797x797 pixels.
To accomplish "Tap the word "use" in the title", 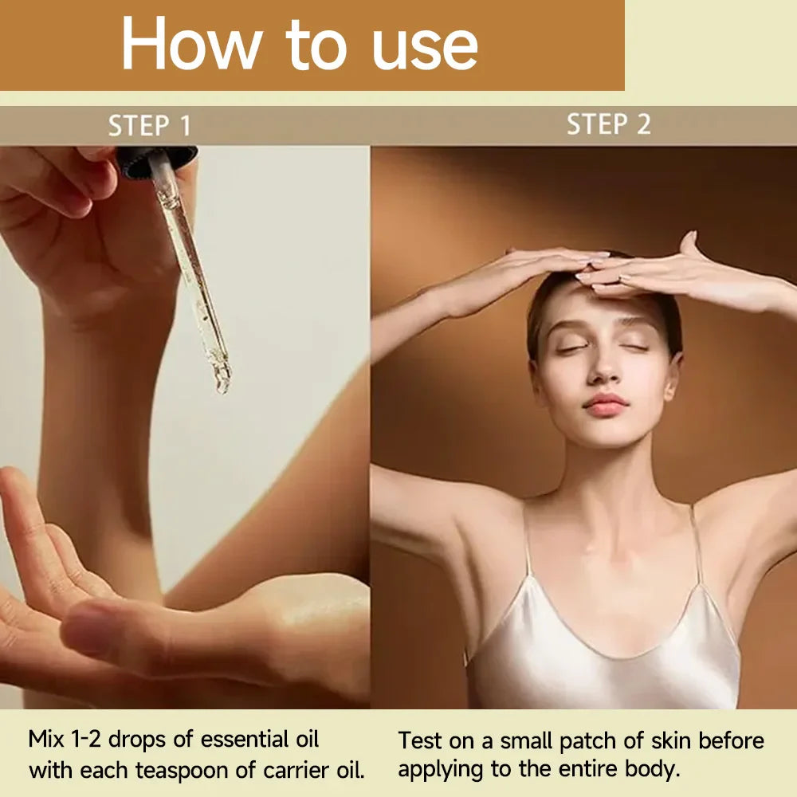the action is click(x=425, y=48).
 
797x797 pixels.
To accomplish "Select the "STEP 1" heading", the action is click(x=150, y=126).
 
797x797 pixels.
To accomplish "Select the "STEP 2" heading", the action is click(x=608, y=124).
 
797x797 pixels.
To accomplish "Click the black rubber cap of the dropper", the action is click(x=156, y=162).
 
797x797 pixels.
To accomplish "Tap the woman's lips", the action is click(x=606, y=405).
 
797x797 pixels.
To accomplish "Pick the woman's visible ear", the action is click(x=673, y=377).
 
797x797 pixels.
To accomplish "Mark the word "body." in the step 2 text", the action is click(x=652, y=770).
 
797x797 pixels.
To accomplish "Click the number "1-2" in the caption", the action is click(x=87, y=739).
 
